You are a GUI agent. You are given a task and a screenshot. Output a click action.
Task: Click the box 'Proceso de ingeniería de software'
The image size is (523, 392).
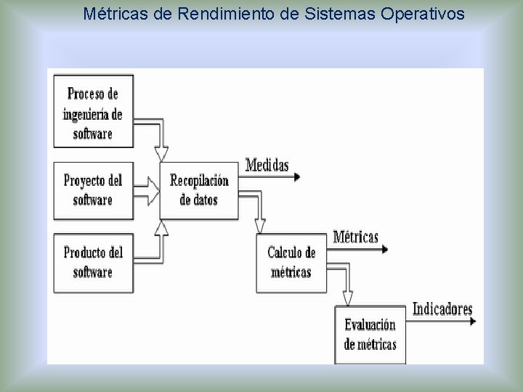click(93, 113)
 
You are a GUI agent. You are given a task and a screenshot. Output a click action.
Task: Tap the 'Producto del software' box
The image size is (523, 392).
click(93, 262)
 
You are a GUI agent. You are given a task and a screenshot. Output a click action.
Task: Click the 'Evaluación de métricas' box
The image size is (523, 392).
click(370, 335)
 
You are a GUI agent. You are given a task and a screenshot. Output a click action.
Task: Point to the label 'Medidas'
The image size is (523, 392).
click(267, 165)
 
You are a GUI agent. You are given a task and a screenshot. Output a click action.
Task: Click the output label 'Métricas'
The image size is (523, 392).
click(356, 237)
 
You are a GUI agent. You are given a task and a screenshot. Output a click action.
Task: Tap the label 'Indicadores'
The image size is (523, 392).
click(442, 309)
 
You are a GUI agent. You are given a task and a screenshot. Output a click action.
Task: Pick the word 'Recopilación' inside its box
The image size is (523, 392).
click(199, 181)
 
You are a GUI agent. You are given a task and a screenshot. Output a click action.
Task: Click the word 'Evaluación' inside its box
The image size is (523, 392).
click(370, 326)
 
